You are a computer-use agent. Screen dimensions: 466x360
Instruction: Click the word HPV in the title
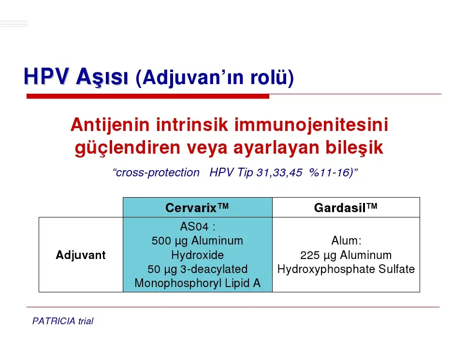[x=46, y=77]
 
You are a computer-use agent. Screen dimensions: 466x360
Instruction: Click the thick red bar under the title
[x=148, y=96]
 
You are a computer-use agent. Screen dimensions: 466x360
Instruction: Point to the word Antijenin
[x=110, y=125]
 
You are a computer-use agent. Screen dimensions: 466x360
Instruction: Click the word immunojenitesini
[x=311, y=125]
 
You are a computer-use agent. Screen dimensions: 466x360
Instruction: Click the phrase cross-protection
[x=157, y=173]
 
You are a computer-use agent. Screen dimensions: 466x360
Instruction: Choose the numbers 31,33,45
[x=279, y=173]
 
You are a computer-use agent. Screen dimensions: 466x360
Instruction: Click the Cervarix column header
[x=197, y=208]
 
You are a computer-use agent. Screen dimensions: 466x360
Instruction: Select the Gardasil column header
[x=346, y=208]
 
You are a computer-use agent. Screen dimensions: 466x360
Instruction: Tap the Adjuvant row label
[x=81, y=255]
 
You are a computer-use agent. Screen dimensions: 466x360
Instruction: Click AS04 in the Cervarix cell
[x=194, y=227]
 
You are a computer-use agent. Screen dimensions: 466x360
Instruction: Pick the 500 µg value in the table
[x=169, y=241]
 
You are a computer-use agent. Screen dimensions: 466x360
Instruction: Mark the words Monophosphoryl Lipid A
[x=197, y=283]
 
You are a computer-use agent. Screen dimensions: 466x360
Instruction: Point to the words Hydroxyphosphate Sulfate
[x=346, y=270]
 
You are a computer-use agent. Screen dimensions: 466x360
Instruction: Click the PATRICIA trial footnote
[x=63, y=321]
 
